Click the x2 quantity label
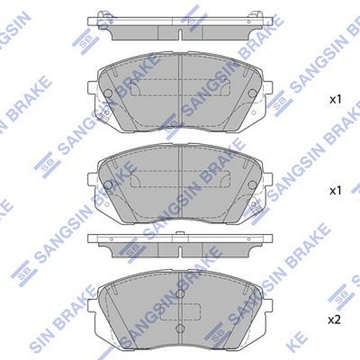[334, 320]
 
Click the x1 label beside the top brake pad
[335, 100]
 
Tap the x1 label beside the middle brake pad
[335, 190]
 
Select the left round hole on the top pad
[108, 94]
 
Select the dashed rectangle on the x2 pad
[181, 311]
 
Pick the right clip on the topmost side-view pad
[257, 16]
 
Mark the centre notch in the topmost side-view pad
[181, 30]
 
